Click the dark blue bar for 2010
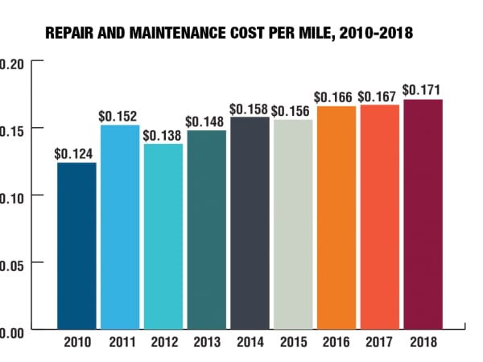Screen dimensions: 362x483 coord(76,245)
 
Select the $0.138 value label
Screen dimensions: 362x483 coord(162,133)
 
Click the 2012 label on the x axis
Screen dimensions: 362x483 coord(163,341)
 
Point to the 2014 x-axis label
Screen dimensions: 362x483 coord(250,341)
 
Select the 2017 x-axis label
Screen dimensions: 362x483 coord(379,341)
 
